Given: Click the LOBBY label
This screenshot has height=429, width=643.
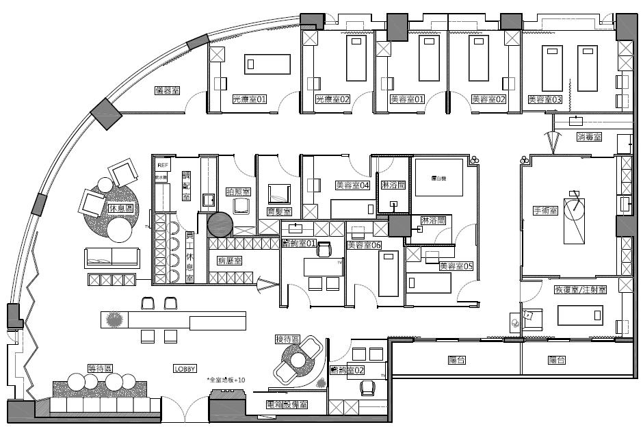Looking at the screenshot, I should tap(185, 369).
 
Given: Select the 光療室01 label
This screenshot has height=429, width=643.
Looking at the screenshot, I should tap(249, 99).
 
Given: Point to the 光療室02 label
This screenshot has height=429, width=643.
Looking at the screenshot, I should tap(332, 99).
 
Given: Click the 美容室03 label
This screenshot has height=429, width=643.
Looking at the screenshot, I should tap(544, 99).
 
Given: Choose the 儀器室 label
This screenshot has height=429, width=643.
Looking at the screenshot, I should tap(167, 90).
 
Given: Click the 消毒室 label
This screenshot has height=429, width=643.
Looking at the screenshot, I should tap(589, 137).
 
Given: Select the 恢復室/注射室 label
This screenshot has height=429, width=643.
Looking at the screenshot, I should tap(580, 290).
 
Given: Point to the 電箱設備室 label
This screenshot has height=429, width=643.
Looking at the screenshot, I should tap(287, 405).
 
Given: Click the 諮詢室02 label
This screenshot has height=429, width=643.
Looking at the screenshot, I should tap(347, 370).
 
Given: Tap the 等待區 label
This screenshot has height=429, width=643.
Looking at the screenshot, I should tap(100, 368).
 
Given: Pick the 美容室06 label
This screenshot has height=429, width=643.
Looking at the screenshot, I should tap(364, 244).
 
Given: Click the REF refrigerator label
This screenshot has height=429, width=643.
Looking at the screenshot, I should tap(162, 166).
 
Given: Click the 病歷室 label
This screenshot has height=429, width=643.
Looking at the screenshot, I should tap(229, 261).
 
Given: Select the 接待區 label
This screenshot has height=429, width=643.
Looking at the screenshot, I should tap(288, 339).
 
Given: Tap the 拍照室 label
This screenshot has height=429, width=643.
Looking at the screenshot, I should tap(238, 192).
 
